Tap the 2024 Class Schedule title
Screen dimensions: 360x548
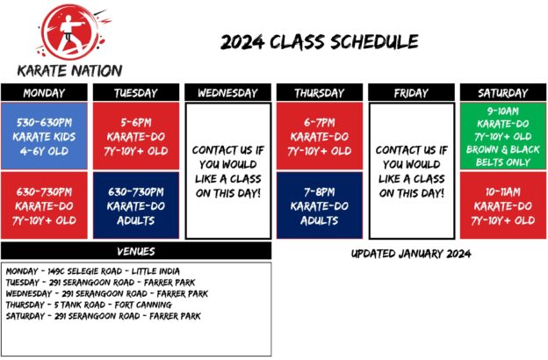pos(319,42)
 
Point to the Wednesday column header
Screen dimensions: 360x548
pos(227,92)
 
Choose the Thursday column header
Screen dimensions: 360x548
pos(319,92)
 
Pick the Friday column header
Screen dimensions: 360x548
pos(410,92)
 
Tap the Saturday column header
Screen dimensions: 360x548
pos(502,92)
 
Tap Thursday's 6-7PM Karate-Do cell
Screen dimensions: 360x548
pos(319,136)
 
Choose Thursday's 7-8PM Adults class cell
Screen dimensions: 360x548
pos(319,205)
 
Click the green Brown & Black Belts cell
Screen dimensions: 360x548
pos(502,136)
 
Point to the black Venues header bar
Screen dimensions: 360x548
pos(135,251)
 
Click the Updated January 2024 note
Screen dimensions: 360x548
pos(411,254)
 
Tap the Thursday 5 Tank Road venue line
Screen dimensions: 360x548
pos(88,305)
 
